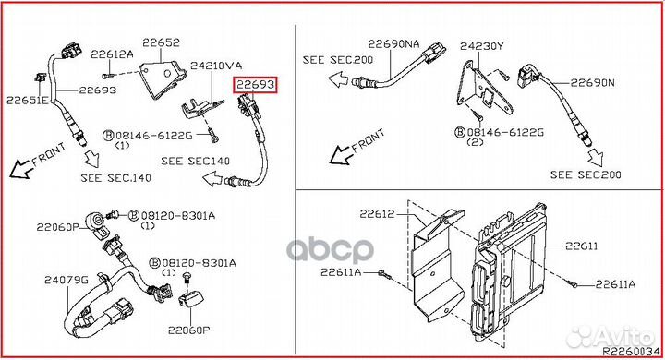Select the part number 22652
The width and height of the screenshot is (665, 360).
pos(160,42)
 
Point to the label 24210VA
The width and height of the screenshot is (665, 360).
pos(216,66)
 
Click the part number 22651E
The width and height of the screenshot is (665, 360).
pos(28,100)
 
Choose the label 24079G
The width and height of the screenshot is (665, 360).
pos(63,279)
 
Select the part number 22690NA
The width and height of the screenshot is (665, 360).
pos(393,43)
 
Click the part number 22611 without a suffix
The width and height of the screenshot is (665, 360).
pos(582,246)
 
